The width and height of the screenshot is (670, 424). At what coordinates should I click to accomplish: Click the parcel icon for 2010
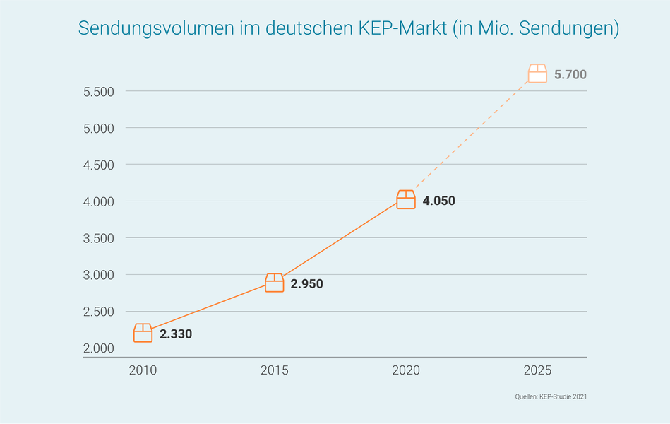coord(143,333)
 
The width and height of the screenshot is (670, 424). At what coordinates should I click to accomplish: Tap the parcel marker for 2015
coord(274,283)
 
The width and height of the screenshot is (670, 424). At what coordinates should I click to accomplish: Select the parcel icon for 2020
coord(406,200)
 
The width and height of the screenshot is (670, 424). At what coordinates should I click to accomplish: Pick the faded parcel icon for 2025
coord(537,73)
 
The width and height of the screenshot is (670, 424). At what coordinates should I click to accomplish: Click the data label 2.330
coord(176,334)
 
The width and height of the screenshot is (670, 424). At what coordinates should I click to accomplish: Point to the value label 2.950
coord(307,284)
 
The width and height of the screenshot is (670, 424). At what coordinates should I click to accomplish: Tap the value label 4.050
coord(438,201)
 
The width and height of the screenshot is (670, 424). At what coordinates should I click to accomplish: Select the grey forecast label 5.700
coord(570,74)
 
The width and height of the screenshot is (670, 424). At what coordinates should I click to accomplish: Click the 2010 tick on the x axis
coord(143,370)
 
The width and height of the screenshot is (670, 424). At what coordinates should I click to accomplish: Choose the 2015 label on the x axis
coord(274,370)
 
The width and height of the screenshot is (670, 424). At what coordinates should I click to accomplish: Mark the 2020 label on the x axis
coord(406,370)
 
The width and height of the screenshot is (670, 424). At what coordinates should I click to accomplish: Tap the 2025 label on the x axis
coord(537,370)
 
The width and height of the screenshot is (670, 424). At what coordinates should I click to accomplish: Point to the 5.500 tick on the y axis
coord(99,92)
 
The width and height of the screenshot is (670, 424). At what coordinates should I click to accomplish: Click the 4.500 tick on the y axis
coord(99,165)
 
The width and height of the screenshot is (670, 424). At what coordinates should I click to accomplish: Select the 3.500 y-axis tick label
coord(99,238)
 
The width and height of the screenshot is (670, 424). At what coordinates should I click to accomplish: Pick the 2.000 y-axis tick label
coord(99,348)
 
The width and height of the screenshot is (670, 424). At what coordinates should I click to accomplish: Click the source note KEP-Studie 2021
coord(563,397)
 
